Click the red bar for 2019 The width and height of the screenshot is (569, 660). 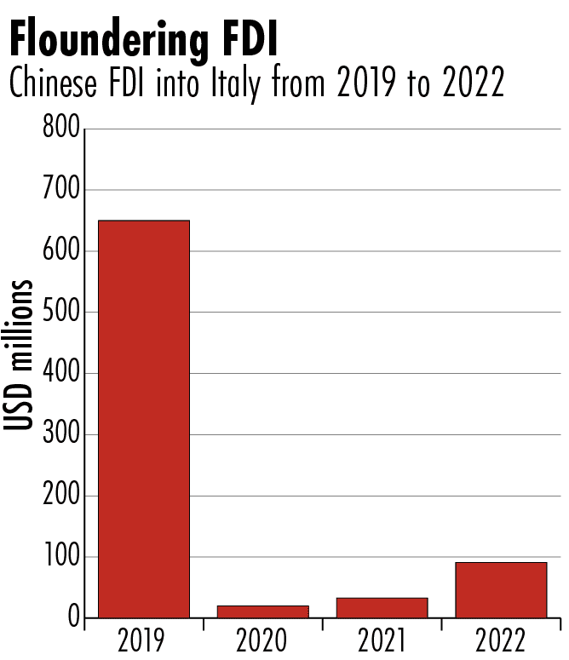tap(144, 418)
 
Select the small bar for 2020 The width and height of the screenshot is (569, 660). tap(262, 611)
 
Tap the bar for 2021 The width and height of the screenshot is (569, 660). tap(382, 607)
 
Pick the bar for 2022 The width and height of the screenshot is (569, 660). tap(501, 589)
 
